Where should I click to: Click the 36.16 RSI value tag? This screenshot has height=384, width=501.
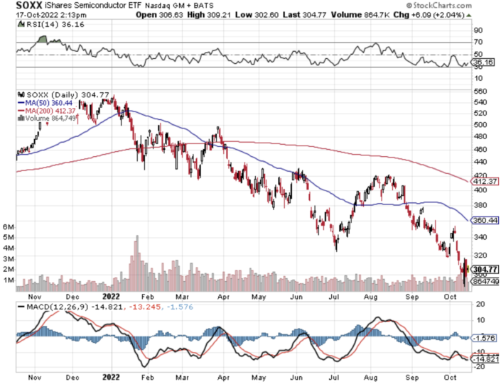pyautogui.click(x=484, y=62)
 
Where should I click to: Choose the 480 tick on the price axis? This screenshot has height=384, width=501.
pyautogui.click(x=480, y=137)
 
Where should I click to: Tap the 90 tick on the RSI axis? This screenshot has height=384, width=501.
pyautogui.click(x=478, y=31)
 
